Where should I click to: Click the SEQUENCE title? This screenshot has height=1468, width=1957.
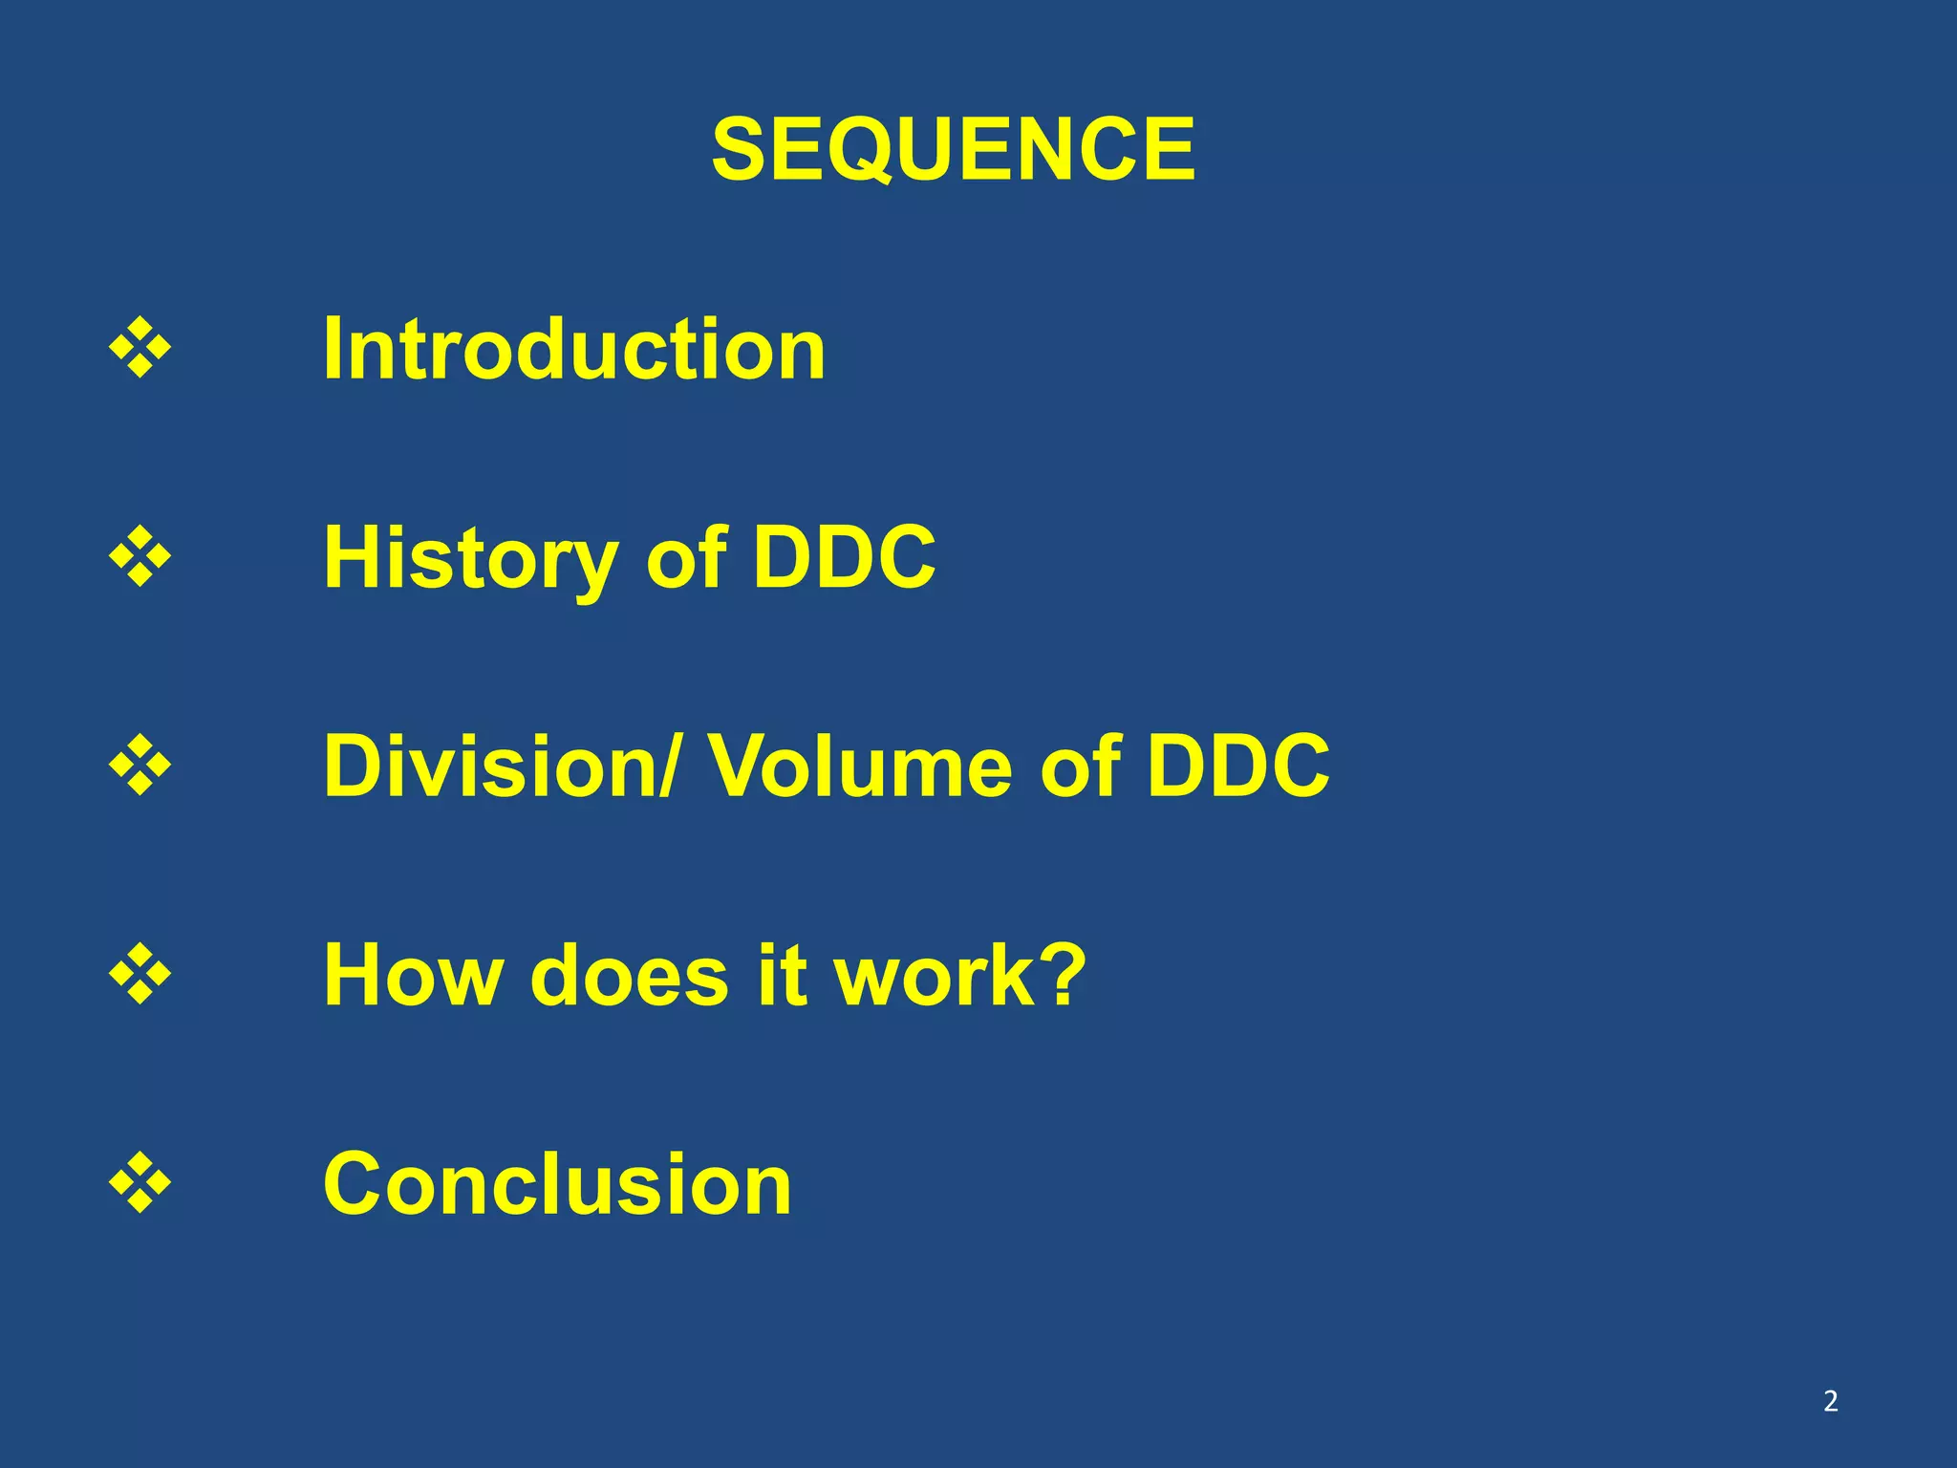(953, 149)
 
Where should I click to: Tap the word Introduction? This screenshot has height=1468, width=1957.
(574, 349)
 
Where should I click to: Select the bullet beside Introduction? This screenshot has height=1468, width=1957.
(140, 347)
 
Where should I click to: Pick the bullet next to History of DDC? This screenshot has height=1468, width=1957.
(140, 555)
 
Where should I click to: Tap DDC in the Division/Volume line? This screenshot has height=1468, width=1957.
(1237, 766)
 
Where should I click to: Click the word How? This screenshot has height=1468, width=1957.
(413, 975)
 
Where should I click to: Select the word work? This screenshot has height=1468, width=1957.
(959, 975)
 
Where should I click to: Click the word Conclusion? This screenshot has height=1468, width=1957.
(557, 1184)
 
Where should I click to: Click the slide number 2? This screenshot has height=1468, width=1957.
(1830, 1401)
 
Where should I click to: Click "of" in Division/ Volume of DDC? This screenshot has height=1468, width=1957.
(1079, 766)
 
